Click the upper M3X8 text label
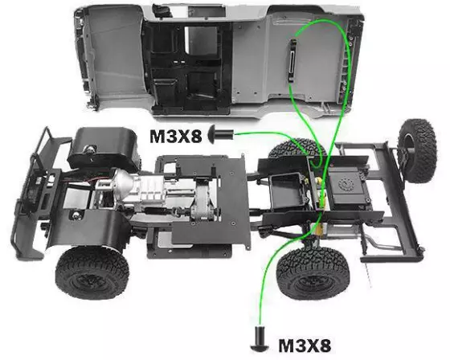176,136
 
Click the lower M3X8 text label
305,345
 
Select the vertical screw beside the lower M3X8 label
260,339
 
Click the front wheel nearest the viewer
92,272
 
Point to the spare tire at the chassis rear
417,151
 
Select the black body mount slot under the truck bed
292,60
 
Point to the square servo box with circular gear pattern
346,185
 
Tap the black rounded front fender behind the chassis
104,149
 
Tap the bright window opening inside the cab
200,40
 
